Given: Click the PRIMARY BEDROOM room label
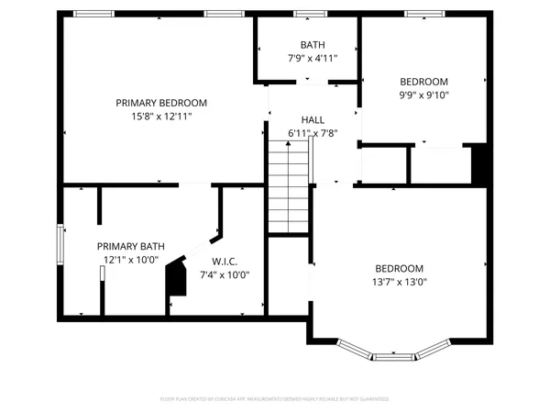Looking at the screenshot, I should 160,103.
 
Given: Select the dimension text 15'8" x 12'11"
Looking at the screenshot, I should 160,117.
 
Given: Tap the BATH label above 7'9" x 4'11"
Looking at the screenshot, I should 313,45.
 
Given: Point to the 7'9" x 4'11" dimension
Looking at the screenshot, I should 313,58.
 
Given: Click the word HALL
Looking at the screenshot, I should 313,120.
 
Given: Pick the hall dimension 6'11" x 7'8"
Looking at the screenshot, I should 313,133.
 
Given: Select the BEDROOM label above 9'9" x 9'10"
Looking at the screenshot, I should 423,81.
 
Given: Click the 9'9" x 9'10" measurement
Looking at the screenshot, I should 423,94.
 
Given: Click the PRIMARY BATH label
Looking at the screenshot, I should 130,246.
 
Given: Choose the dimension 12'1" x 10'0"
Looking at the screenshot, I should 130,260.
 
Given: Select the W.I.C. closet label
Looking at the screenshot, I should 225,261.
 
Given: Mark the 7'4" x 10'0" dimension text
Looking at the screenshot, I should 225,274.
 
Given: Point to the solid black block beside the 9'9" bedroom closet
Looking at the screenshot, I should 478,164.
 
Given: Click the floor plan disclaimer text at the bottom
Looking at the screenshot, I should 275,399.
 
